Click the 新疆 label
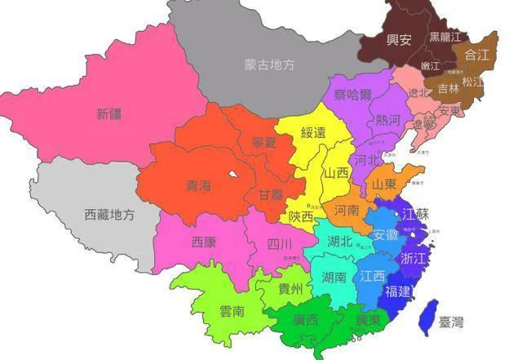(x=109, y=113)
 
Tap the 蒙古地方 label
(x=269, y=64)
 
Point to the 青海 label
(x=199, y=185)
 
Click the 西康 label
(x=204, y=242)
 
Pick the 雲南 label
(x=232, y=311)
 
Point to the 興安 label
(x=399, y=39)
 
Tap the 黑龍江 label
(x=445, y=38)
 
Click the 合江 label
(x=476, y=56)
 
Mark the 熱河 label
(x=389, y=120)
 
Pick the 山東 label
(x=384, y=184)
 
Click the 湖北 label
(x=340, y=241)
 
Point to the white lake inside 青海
(x=233, y=174)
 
